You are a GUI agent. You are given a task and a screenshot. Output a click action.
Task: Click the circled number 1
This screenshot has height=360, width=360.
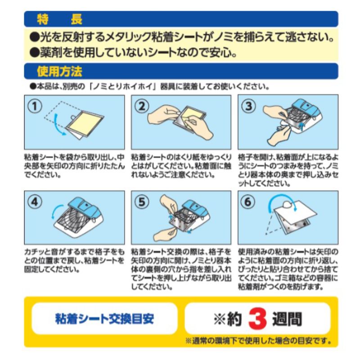[x=35, y=106]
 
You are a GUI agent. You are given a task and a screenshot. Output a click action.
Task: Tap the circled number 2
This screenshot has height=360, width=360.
[x=142, y=106]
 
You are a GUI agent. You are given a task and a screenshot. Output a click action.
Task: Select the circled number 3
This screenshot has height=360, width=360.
[x=249, y=106]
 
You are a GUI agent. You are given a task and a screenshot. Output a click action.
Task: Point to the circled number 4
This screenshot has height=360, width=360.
[x=35, y=202]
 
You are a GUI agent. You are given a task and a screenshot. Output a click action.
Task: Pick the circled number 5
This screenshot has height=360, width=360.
[x=142, y=202]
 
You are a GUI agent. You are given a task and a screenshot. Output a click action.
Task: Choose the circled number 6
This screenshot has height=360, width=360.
[x=248, y=202]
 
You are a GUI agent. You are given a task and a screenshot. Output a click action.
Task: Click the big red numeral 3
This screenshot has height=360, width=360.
[x=257, y=319]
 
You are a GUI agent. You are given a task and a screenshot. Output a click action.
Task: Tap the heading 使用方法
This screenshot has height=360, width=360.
[x=59, y=72]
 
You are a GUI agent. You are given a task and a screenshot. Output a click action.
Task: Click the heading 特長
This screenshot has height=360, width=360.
[x=59, y=19]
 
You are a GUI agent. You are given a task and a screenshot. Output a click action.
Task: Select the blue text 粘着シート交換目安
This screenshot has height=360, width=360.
[x=104, y=319]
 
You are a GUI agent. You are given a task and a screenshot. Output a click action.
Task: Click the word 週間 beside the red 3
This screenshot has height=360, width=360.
[x=287, y=319]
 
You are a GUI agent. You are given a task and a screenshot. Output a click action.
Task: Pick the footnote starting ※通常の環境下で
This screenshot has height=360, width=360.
[x=258, y=341]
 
